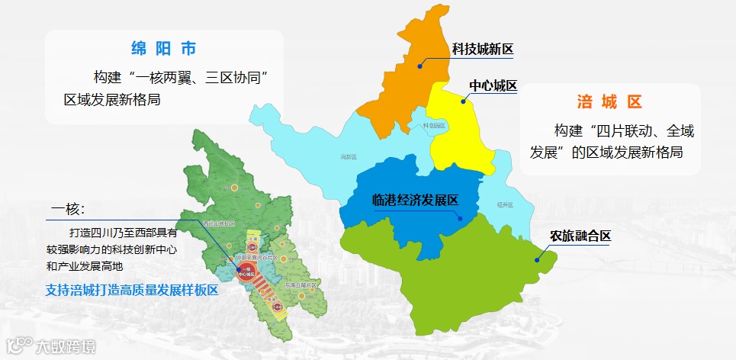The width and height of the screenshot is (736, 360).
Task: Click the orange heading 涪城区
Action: [610, 101]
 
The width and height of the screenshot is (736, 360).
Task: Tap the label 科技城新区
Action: [483, 50]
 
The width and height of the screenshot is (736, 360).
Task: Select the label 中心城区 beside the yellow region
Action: [493, 86]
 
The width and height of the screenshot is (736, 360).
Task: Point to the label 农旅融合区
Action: [581, 236]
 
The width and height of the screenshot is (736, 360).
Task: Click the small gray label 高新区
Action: [349, 157]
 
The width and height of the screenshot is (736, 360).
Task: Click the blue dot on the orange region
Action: [419, 66]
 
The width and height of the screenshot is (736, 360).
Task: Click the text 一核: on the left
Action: [67, 210]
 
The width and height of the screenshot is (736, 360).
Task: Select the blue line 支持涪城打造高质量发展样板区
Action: [132, 291]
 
